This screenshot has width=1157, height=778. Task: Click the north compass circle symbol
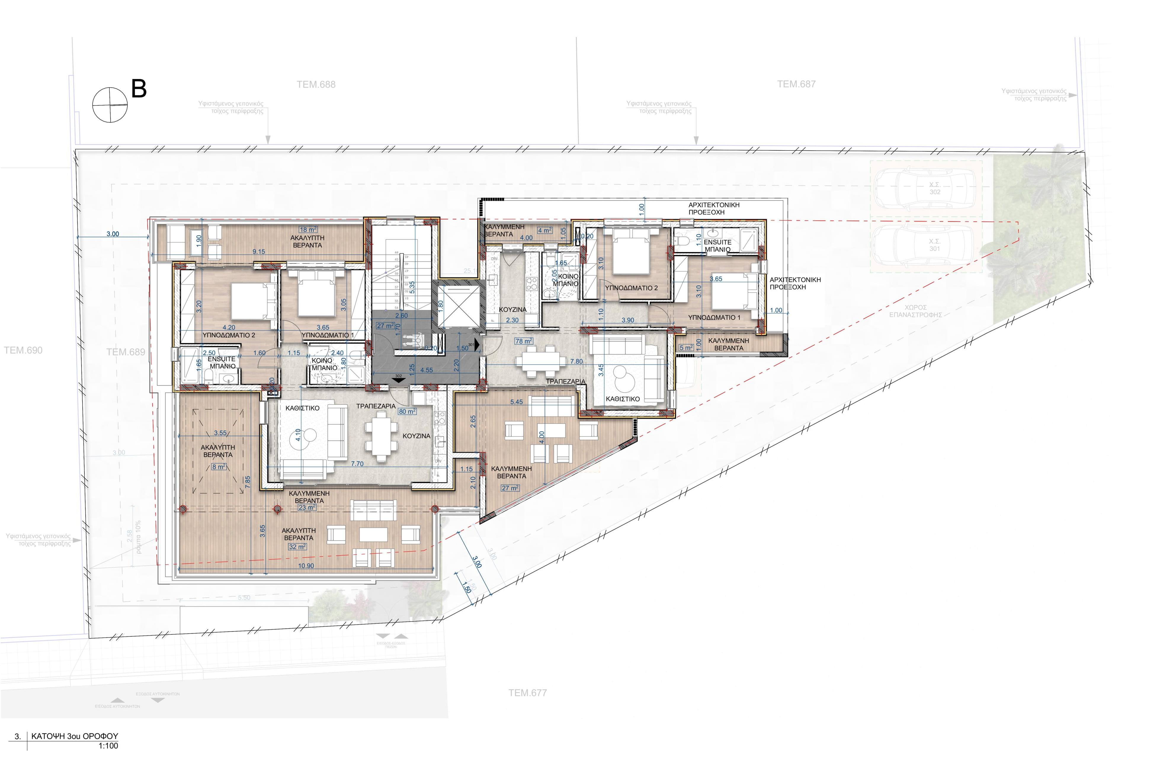[x=110, y=105]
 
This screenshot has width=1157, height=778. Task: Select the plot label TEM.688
[x=316, y=84]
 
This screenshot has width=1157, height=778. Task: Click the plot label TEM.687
[x=796, y=84]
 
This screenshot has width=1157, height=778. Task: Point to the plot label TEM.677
[x=527, y=693]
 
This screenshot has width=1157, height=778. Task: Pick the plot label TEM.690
[x=23, y=350]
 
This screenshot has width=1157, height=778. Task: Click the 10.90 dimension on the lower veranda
[x=306, y=566]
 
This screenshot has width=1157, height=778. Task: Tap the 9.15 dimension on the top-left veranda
[x=259, y=251]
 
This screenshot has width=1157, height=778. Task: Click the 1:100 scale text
[x=108, y=746]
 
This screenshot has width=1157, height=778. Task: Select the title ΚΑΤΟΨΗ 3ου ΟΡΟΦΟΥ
[x=74, y=736]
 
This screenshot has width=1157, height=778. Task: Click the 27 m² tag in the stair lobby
[x=385, y=326]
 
